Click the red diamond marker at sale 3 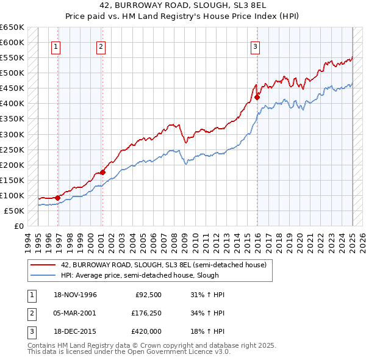257,97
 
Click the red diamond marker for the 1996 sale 57,198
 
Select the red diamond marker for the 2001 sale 102,172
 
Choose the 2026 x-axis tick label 363,241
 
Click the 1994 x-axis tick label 26,241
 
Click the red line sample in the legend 43,265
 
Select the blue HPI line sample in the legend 43,275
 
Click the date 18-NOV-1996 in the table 75,295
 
